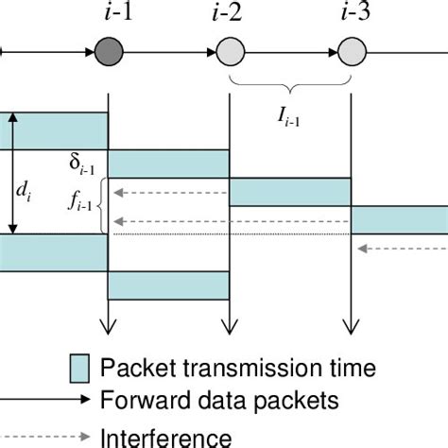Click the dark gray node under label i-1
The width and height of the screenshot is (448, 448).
pos(110,50)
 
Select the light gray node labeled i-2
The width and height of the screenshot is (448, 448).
pos(231,50)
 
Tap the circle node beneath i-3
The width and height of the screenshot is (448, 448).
pos(352,50)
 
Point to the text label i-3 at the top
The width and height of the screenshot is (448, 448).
pos(352,13)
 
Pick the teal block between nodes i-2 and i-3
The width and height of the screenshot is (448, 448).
pos(291,192)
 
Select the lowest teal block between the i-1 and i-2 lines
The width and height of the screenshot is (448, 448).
pos(170,284)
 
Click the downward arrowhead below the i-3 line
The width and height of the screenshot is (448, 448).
pos(352,327)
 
